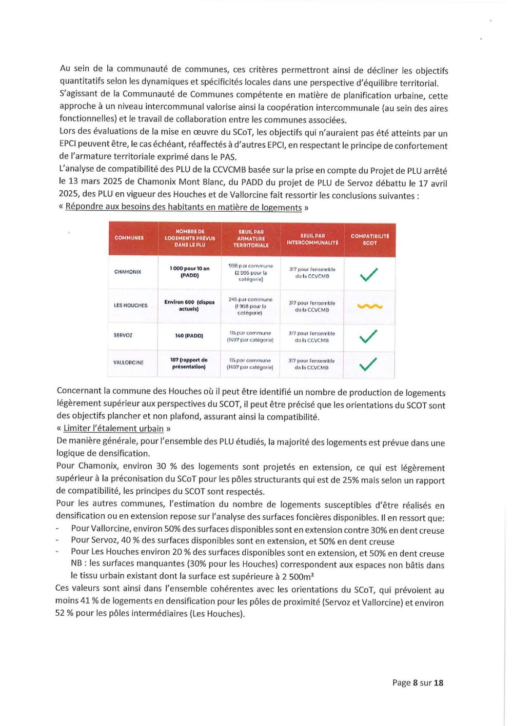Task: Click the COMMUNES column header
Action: tap(129, 238)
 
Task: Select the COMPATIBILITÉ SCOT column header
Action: tap(370, 239)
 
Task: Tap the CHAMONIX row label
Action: tap(128, 272)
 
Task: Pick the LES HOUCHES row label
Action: tap(130, 306)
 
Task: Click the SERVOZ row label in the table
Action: tap(123, 335)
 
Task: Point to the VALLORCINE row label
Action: tap(128, 362)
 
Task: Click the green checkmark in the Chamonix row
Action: tap(369, 274)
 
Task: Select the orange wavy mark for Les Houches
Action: tap(369, 306)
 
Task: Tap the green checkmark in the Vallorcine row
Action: tap(368, 364)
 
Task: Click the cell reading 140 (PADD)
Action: tap(189, 336)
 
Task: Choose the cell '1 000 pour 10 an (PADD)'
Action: tap(190, 272)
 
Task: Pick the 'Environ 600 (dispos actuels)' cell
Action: tap(189, 306)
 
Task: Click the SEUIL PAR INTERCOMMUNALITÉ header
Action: tap(312, 239)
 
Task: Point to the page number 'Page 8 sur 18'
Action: tap(418, 683)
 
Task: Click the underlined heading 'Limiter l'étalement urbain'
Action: tap(113, 429)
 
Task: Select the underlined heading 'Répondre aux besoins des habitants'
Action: tap(183, 208)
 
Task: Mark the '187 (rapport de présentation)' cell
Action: tap(189, 363)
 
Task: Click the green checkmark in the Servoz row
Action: tap(368, 336)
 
